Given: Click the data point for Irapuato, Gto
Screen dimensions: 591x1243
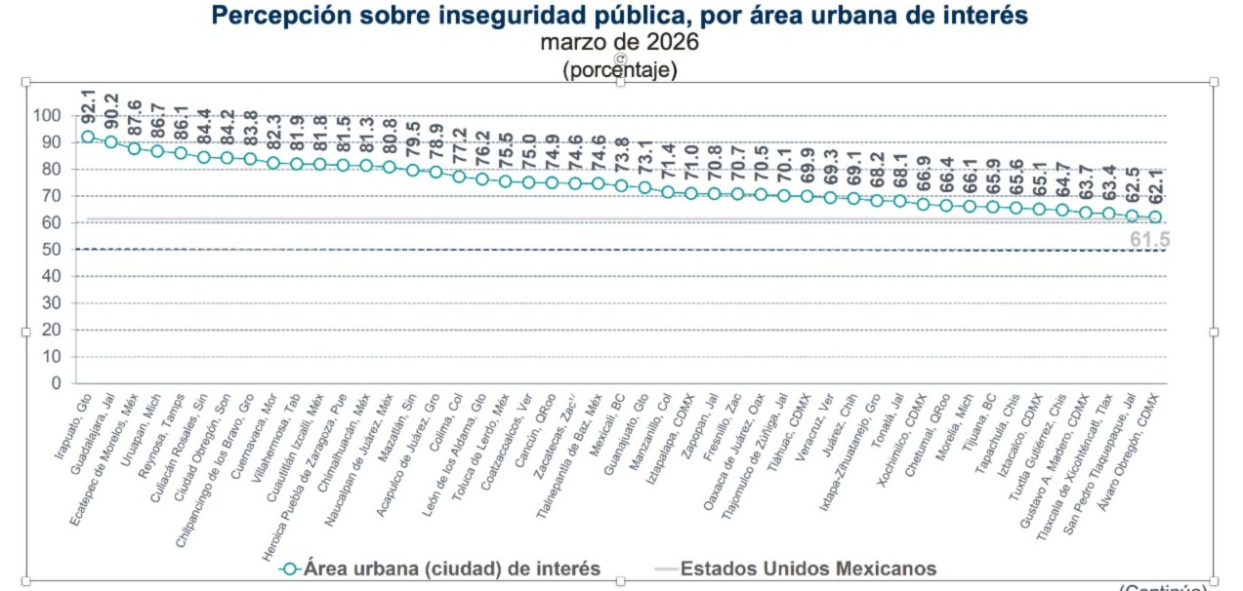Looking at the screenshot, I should click(88, 138).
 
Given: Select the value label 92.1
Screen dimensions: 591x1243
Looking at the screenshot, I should click(88, 104).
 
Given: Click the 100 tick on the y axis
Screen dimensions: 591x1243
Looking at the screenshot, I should click(47, 116).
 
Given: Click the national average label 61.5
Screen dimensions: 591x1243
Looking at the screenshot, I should click(1150, 241).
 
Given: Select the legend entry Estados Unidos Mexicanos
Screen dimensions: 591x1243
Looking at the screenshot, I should click(808, 569).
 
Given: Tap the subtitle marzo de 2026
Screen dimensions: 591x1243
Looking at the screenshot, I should click(620, 43).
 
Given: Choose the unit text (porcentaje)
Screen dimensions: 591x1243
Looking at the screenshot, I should click(620, 70).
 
